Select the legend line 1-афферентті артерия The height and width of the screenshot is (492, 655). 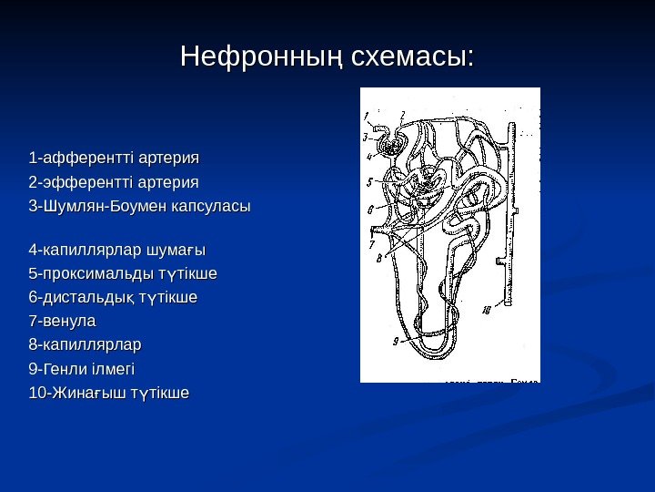(114, 158)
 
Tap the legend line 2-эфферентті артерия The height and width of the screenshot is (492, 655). (114, 181)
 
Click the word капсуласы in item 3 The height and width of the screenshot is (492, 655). (212, 206)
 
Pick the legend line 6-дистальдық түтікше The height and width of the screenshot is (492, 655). (113, 297)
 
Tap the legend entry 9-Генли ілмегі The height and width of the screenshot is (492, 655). (82, 369)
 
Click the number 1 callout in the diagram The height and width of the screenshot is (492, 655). (366, 116)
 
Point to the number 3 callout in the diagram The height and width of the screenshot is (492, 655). (365, 138)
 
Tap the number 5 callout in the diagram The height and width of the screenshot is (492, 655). (369, 181)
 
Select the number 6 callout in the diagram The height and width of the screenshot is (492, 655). (369, 210)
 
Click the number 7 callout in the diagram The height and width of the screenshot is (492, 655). (371, 244)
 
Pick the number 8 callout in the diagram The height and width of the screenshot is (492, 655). (378, 259)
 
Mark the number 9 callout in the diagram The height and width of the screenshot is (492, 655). (396, 342)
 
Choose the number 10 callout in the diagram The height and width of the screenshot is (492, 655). (487, 311)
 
